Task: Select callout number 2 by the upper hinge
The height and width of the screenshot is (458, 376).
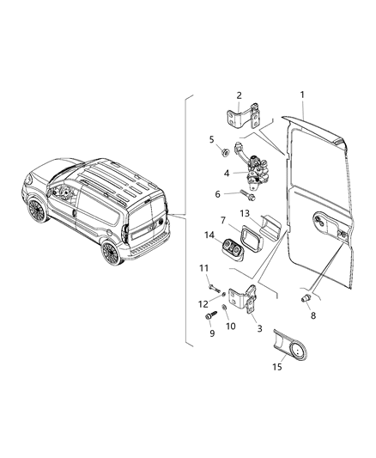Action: coord(240,95)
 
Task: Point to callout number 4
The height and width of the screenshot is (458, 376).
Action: coord(227,173)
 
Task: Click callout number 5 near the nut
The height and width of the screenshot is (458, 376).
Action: coord(211,138)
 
